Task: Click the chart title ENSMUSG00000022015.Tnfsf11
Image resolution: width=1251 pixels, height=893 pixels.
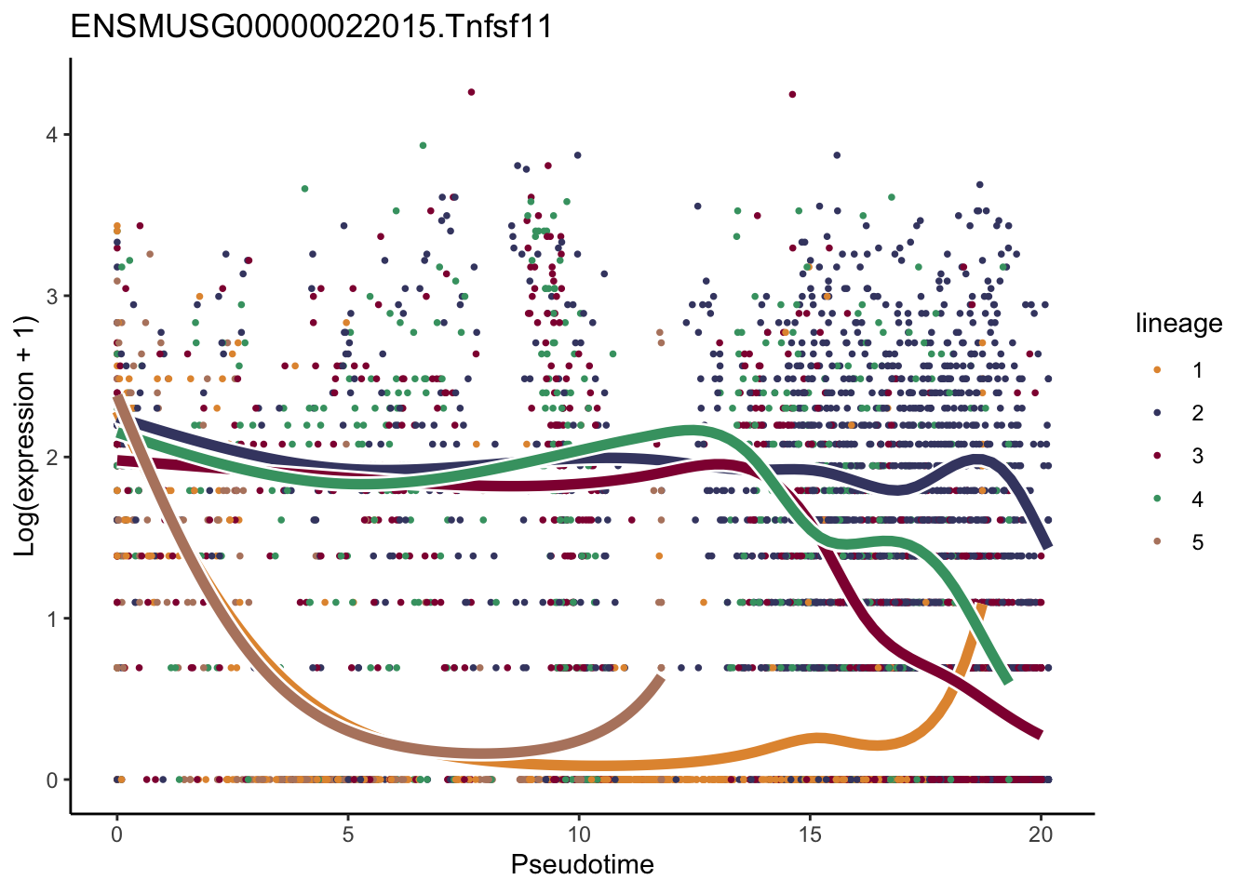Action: (x=312, y=27)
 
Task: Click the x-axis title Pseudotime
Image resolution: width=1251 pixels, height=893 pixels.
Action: (x=582, y=865)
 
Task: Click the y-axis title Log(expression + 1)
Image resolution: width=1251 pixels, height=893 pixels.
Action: (x=25, y=436)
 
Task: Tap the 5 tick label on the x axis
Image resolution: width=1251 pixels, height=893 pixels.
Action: (x=347, y=834)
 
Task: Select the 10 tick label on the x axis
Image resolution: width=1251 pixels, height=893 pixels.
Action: (x=579, y=834)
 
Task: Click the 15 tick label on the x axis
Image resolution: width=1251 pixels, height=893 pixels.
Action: (x=810, y=834)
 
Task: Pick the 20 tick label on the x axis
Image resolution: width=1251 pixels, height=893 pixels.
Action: (x=1041, y=834)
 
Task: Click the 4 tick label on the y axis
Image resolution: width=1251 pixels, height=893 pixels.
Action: (x=52, y=135)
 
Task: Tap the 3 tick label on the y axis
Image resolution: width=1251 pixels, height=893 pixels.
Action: (x=52, y=297)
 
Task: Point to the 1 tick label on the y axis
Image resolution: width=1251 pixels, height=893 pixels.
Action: (x=52, y=619)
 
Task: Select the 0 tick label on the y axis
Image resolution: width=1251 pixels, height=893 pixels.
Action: (x=52, y=780)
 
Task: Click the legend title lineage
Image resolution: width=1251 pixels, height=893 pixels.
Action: (x=1178, y=324)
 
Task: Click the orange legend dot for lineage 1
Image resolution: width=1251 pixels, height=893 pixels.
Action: (x=1157, y=370)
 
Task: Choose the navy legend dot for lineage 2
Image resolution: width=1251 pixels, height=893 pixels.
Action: (x=1157, y=413)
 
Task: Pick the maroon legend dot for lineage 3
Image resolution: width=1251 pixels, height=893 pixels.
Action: (x=1157, y=456)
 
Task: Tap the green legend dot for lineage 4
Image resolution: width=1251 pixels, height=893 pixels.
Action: (x=1157, y=500)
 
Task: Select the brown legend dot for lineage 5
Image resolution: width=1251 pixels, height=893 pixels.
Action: (x=1157, y=542)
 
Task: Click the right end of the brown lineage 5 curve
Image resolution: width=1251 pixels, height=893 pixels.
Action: (x=660, y=680)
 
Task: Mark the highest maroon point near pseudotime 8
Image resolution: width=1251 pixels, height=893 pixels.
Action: (x=471, y=92)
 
